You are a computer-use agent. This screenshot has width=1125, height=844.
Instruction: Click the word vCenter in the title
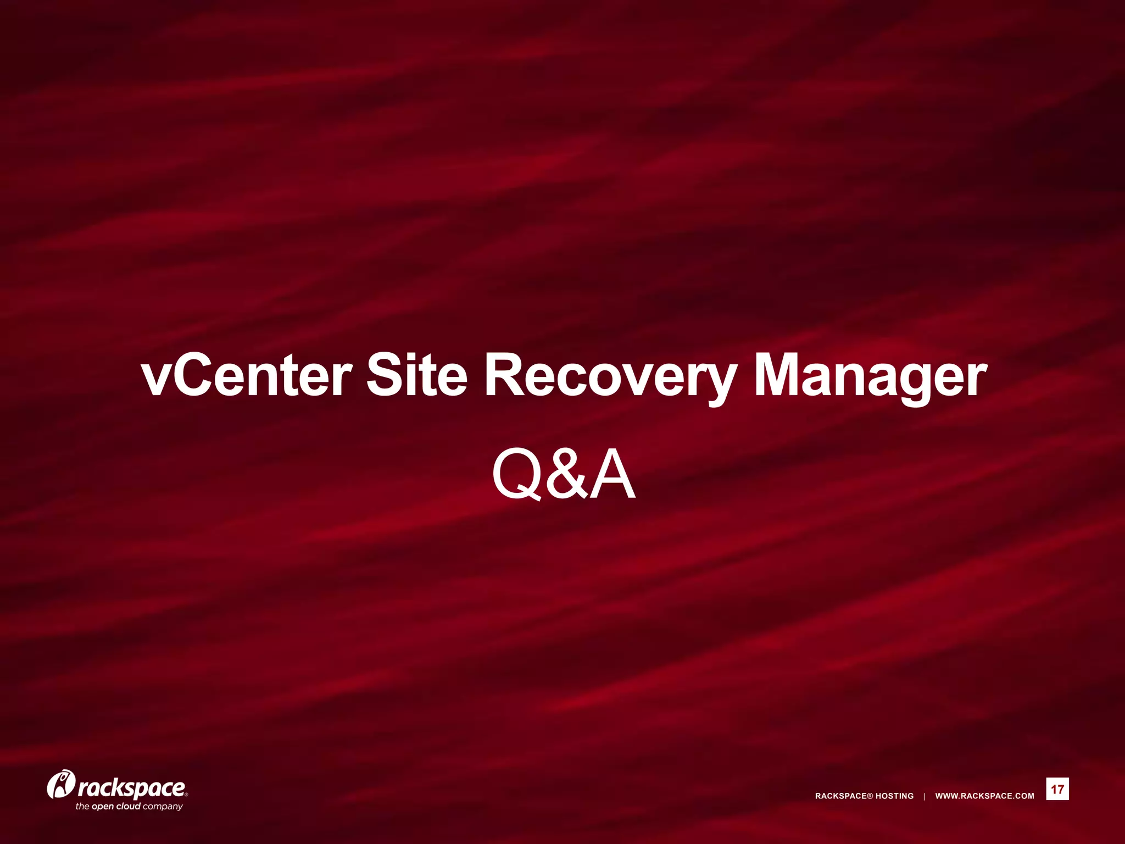click(246, 376)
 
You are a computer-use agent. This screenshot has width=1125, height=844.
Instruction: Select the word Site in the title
click(416, 376)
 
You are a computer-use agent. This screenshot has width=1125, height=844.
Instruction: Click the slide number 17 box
click(1057, 790)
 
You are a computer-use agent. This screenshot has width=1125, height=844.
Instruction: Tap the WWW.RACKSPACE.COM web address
click(984, 796)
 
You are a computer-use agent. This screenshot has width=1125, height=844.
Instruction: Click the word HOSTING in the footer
click(894, 796)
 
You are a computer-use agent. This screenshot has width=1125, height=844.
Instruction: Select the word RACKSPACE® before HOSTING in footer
click(844, 796)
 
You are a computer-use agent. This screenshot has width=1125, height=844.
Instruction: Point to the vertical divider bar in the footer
click(924, 796)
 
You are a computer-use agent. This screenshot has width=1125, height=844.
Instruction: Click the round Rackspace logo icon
click(60, 784)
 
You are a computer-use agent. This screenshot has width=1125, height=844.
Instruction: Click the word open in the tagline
click(102, 807)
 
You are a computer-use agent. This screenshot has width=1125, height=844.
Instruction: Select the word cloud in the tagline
click(128, 807)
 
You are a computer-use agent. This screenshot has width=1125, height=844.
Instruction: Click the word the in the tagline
click(82, 807)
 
